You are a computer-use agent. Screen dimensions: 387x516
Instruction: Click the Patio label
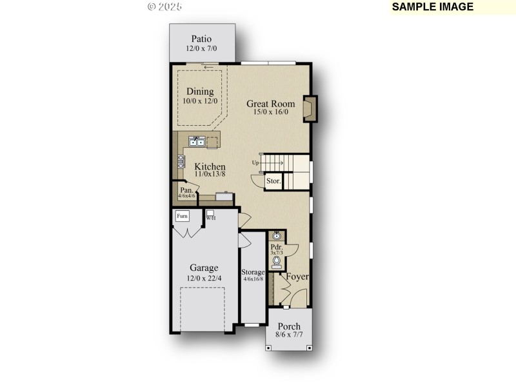click(x=201, y=39)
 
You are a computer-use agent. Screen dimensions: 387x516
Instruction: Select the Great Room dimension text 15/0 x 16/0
click(x=270, y=112)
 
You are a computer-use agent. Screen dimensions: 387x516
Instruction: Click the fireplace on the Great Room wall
click(x=310, y=109)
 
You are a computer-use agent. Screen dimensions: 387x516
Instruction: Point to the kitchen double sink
click(x=197, y=141)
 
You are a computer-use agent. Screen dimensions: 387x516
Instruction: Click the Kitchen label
click(x=210, y=166)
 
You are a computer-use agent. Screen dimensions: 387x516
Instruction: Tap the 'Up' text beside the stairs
click(x=256, y=162)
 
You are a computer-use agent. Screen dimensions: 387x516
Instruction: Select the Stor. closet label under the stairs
click(x=273, y=181)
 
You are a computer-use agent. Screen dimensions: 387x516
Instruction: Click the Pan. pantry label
click(x=186, y=190)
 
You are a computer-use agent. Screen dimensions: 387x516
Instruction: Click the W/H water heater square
click(x=210, y=213)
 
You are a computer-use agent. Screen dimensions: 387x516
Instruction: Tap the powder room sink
click(x=277, y=236)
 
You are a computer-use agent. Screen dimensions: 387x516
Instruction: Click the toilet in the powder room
click(x=277, y=262)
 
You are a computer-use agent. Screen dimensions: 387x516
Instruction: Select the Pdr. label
click(x=277, y=247)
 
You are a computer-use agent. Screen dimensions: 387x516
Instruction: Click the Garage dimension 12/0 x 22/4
click(x=204, y=278)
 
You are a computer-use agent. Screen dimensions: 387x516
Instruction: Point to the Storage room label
click(x=253, y=272)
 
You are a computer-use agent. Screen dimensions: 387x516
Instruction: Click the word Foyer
click(x=297, y=277)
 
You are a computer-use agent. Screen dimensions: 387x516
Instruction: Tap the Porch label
click(x=289, y=326)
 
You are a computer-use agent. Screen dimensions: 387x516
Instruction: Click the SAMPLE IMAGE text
click(x=433, y=7)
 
